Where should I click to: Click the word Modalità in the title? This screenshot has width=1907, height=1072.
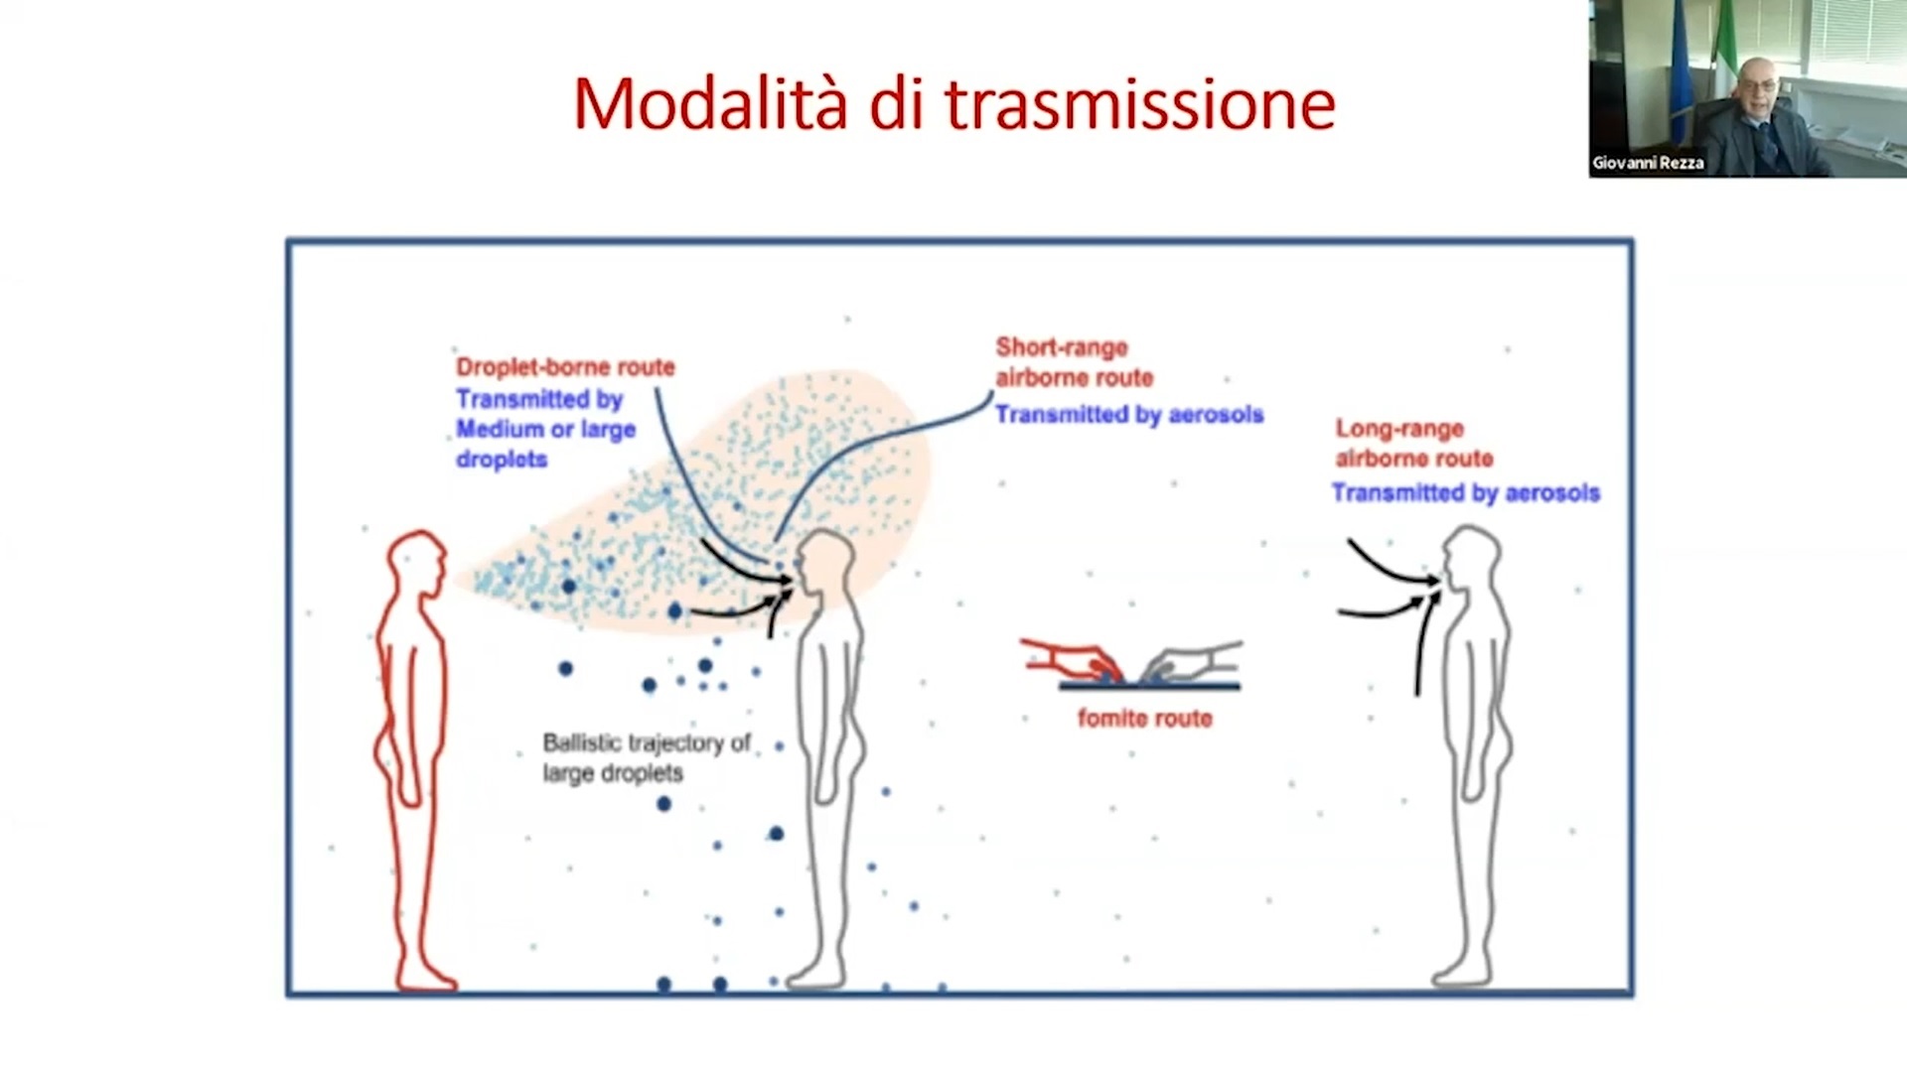click(710, 103)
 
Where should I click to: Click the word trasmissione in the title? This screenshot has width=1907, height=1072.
click(1139, 103)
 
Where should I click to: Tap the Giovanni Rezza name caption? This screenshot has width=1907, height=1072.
click(1648, 163)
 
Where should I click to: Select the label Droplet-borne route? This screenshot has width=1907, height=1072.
click(565, 367)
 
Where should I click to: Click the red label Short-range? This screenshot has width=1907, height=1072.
click(1062, 347)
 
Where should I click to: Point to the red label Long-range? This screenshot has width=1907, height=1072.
click(1399, 429)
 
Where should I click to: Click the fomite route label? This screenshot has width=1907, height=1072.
click(1144, 719)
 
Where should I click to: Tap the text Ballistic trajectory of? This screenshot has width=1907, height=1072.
click(647, 742)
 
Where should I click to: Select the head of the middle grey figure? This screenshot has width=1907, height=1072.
click(826, 561)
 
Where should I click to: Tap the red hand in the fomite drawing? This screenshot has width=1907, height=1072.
click(1068, 657)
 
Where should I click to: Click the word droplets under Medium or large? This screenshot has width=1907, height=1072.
click(502, 460)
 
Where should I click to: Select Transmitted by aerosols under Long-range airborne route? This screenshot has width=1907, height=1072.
click(1465, 493)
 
